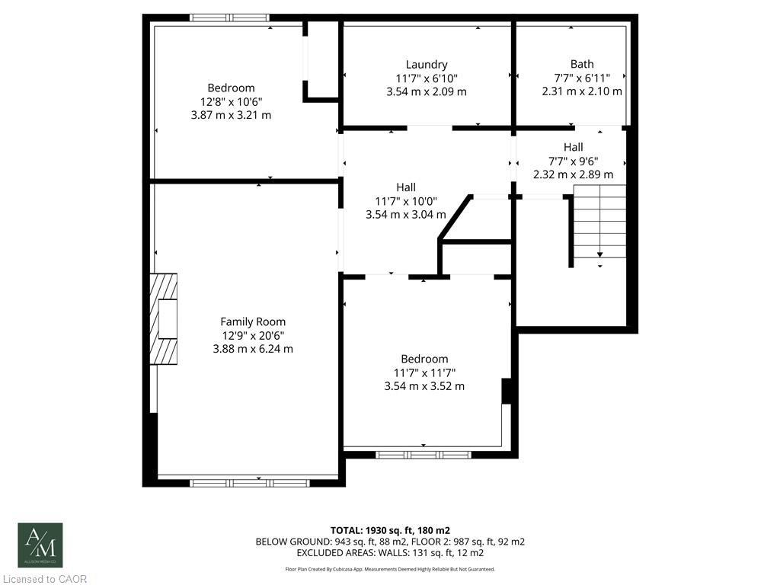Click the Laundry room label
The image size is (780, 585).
427,65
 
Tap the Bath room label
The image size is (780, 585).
582,64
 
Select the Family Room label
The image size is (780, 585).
253,321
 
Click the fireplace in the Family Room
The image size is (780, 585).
163,318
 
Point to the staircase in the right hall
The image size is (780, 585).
599,225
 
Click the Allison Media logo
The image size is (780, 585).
40,545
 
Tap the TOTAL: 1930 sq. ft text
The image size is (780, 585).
389,529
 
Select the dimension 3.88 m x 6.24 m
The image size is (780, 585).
253,349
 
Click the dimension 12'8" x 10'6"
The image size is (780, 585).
231,101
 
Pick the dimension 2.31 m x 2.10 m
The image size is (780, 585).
582,91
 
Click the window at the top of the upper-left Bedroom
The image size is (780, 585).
229,18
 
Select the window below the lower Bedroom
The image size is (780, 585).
424,455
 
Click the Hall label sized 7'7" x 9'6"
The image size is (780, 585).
574,147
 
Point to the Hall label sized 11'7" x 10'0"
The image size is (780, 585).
406,187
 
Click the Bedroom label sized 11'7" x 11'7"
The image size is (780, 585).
424,359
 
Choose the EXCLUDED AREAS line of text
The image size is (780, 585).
390,552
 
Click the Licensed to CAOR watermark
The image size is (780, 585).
44,579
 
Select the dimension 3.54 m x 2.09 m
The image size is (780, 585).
427,91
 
